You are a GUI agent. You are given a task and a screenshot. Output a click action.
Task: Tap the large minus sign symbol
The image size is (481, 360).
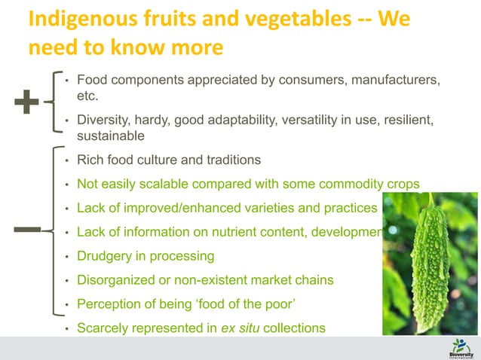coord(26,227)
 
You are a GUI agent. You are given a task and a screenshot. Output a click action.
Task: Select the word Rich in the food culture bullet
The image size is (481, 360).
coord(91,160)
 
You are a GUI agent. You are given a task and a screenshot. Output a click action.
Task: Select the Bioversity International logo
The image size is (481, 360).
coord(458,347)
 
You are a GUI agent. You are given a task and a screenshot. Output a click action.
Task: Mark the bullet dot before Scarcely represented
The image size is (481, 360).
coord(68,328)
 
